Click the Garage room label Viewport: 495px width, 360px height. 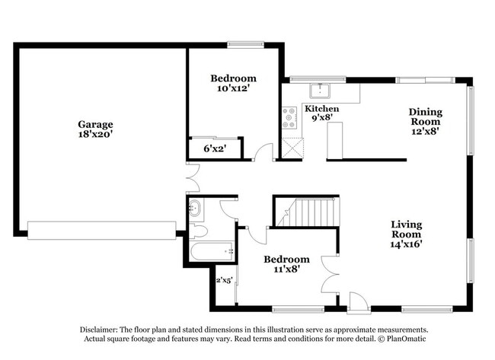coord(95,124)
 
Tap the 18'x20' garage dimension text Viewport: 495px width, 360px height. coord(95,134)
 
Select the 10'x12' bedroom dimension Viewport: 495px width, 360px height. coord(233,88)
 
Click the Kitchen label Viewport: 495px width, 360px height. coord(321,109)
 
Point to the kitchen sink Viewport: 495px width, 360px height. coord(320,91)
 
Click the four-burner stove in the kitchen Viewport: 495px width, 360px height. coord(289,118)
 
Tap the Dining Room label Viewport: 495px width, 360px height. coord(426,116)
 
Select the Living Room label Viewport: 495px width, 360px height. coord(407,229)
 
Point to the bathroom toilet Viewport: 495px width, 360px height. coord(198,232)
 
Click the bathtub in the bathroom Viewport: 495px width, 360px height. coord(212,251)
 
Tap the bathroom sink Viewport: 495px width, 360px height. coord(194,209)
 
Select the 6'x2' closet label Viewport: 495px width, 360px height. coord(215,148)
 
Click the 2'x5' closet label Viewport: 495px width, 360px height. coord(224,280)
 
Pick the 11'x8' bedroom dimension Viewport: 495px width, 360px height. coord(286,269)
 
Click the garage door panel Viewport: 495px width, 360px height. coord(101,231)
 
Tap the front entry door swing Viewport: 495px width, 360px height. coord(359,302)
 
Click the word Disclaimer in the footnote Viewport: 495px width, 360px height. coord(99,330)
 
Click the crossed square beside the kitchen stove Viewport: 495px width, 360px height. coord(292,148)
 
